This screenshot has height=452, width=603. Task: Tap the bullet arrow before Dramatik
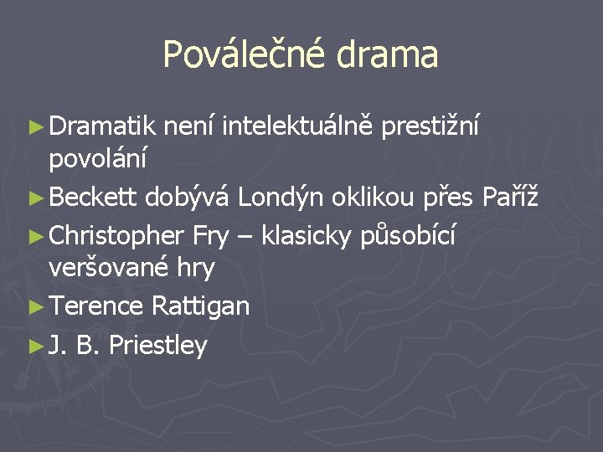36,127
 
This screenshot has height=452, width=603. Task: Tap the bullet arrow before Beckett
36,198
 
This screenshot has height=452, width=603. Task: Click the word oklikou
373,198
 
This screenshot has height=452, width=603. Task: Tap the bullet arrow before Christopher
36,238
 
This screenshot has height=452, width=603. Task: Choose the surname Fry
210,238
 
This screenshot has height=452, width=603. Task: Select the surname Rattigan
201,306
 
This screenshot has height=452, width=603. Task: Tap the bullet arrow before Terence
36,307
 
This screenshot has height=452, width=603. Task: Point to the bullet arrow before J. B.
36,346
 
